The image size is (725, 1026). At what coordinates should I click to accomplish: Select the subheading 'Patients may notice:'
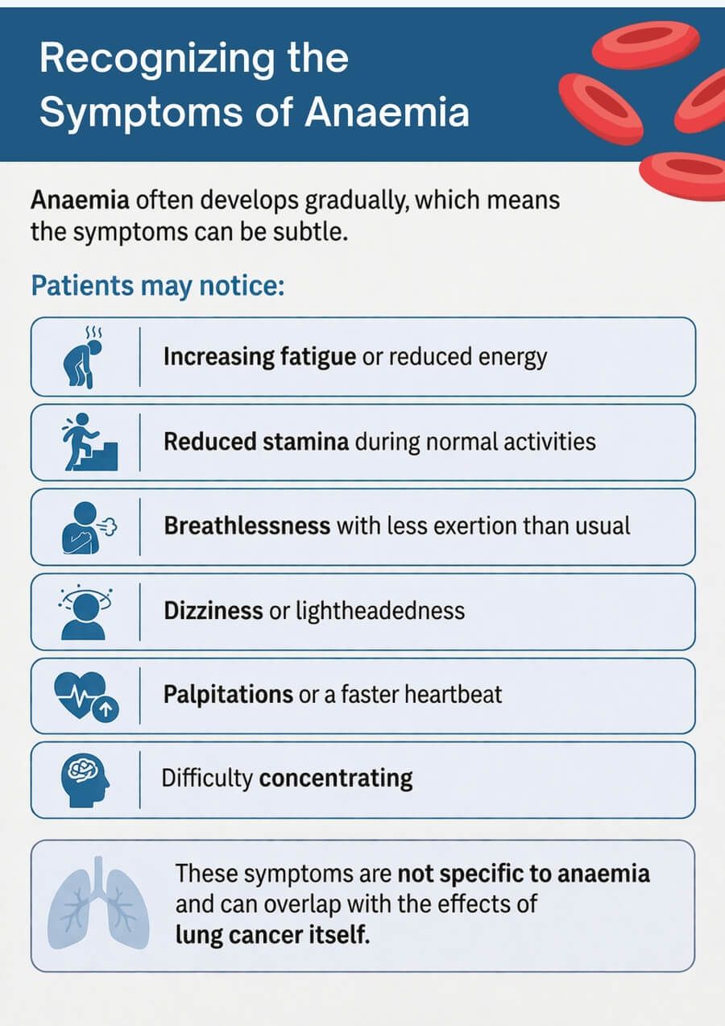coord(157,286)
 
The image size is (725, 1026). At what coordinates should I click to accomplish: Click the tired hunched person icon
coord(84,356)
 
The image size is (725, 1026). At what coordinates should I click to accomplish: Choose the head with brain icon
coord(85,779)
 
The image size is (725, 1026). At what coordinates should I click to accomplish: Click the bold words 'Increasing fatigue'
coord(259,356)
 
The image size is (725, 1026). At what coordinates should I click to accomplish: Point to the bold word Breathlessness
coord(247,525)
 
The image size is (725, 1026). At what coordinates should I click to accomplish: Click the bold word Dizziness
coord(213,610)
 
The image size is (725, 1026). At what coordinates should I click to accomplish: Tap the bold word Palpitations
coord(228,694)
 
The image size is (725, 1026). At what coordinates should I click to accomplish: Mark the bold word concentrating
coord(336,779)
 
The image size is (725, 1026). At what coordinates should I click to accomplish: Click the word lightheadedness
coord(380,610)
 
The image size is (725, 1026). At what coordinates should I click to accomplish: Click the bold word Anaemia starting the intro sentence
coord(78,199)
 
